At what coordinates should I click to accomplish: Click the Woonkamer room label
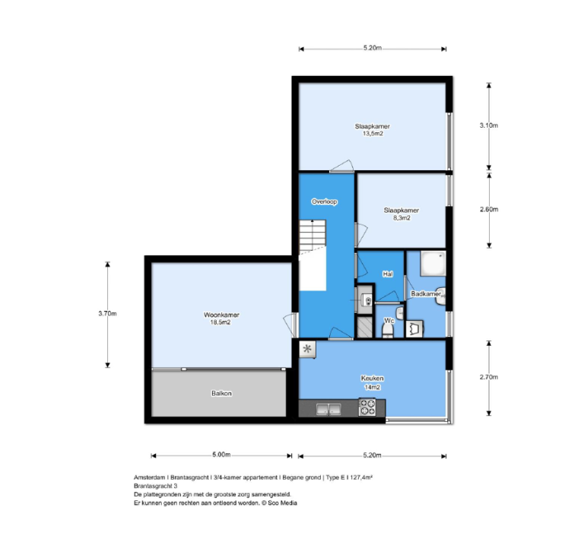click(x=217, y=315)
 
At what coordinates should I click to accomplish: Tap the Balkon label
click(x=221, y=393)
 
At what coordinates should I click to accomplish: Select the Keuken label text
click(x=372, y=378)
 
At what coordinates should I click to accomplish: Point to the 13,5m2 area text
click(x=372, y=133)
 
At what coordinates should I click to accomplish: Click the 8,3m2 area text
click(x=401, y=217)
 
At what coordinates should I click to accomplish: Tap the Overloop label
click(x=324, y=201)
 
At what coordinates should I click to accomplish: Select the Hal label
click(x=388, y=274)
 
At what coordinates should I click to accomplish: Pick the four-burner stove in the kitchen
click(x=369, y=409)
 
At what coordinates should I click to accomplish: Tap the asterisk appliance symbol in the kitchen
click(x=308, y=350)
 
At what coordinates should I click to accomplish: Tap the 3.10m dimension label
click(x=489, y=125)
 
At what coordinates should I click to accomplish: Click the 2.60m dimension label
click(x=489, y=209)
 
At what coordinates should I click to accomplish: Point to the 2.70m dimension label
click(x=489, y=376)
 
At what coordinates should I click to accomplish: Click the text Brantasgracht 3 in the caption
click(x=156, y=485)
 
